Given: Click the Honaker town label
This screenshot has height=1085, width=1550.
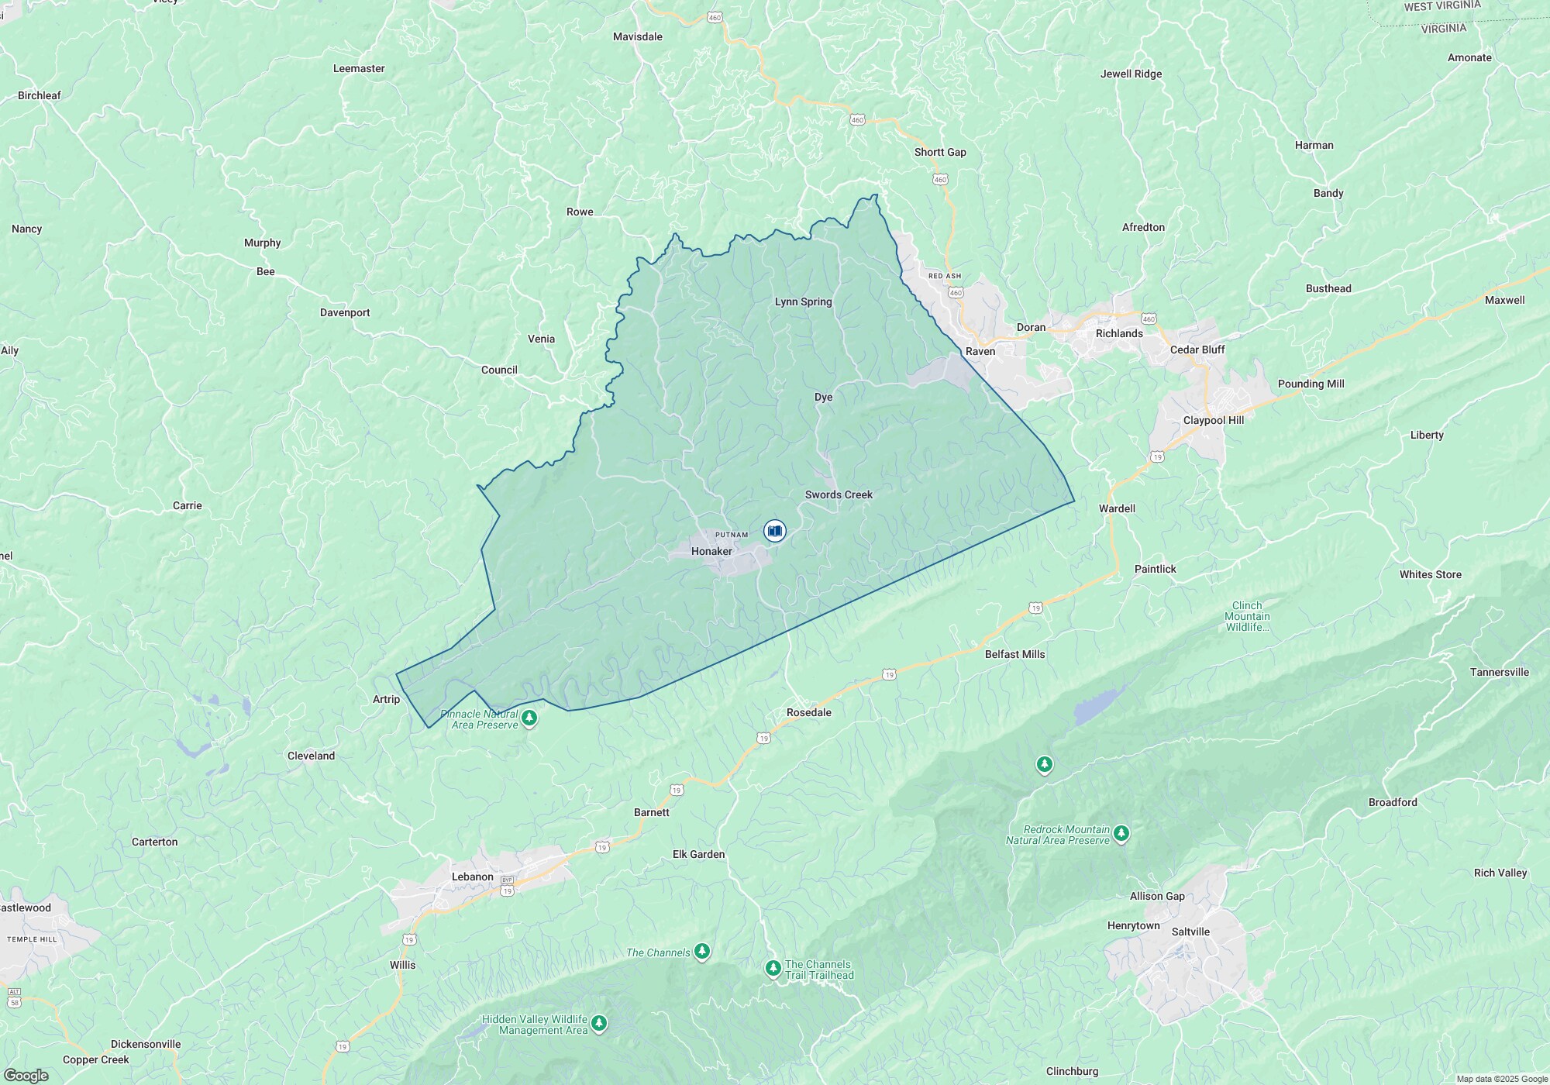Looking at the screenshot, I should pyautogui.click(x=711, y=551).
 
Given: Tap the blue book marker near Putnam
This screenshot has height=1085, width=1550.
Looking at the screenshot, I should pyautogui.click(x=774, y=531).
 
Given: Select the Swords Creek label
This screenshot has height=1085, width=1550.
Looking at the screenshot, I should pyautogui.click(x=839, y=494).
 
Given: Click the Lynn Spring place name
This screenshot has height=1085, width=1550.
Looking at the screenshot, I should pyautogui.click(x=803, y=301).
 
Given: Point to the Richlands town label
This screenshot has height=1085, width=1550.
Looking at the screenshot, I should pyautogui.click(x=1118, y=333).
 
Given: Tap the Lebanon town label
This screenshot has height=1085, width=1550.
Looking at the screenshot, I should pyautogui.click(x=472, y=877).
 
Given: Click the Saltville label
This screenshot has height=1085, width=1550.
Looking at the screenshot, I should pyautogui.click(x=1190, y=932).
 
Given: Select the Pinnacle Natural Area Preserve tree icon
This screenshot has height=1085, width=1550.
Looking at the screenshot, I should pyautogui.click(x=530, y=718).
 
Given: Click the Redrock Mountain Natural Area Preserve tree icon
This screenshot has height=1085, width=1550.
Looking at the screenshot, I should pyautogui.click(x=1121, y=835).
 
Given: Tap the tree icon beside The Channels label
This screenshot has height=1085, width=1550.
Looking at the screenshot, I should pyautogui.click(x=702, y=952).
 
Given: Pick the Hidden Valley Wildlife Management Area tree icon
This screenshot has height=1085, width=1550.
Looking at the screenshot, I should pyautogui.click(x=598, y=1025).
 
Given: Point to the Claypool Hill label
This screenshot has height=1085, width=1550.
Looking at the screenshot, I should pyautogui.click(x=1213, y=420).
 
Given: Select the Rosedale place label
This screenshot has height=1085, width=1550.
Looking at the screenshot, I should pyautogui.click(x=808, y=712).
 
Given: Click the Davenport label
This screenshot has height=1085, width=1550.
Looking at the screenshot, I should pyautogui.click(x=345, y=312).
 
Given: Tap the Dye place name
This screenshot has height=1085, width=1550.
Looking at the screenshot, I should pyautogui.click(x=823, y=397).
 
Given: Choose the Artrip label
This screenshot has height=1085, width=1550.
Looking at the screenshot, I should pyautogui.click(x=386, y=699).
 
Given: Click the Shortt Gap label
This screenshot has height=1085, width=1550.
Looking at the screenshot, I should pyautogui.click(x=939, y=152).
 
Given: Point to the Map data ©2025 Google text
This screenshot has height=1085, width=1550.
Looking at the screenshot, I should pyautogui.click(x=1501, y=1079).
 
